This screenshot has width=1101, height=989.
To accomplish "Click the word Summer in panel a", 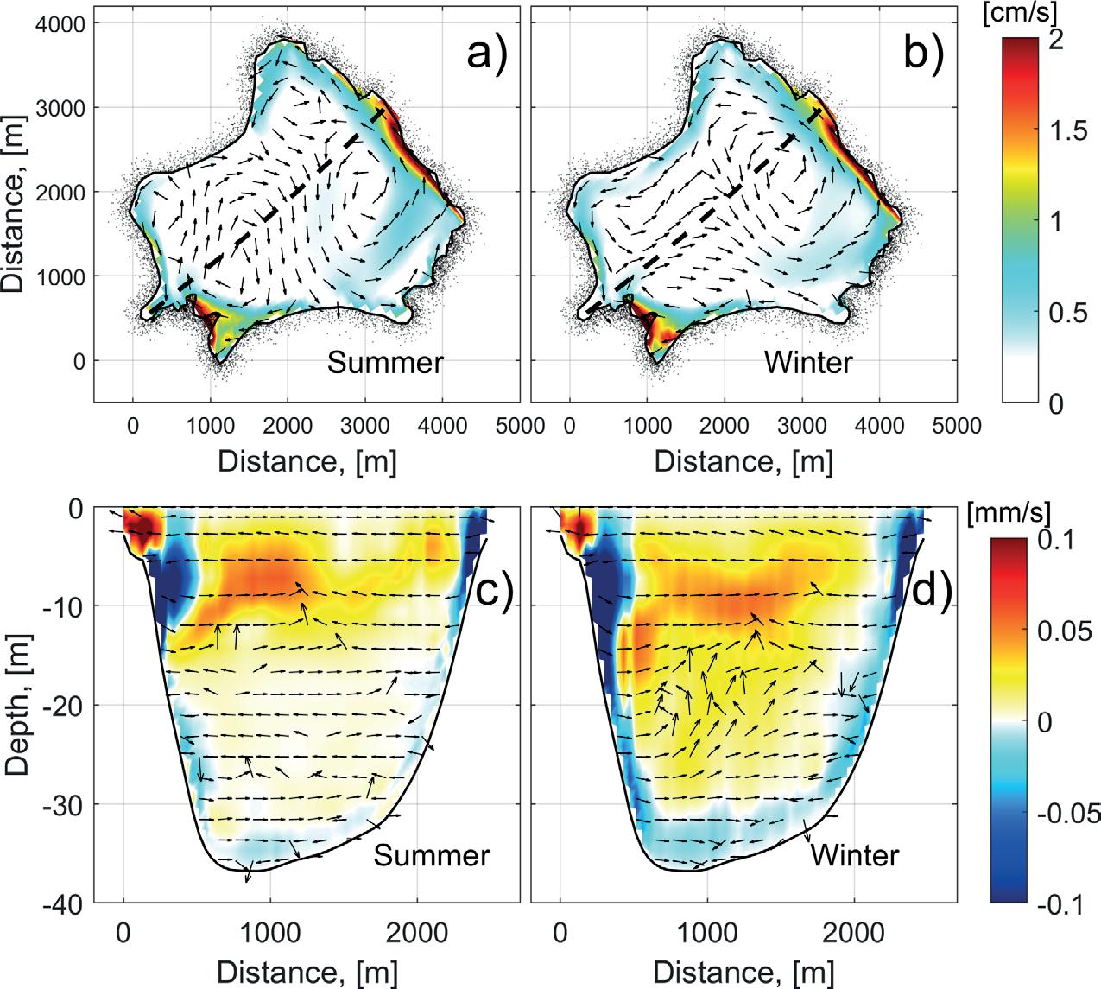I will [x=385, y=362].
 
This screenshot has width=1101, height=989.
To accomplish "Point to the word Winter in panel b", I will [x=808, y=362].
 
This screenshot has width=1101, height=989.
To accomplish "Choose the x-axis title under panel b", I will [x=743, y=461].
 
